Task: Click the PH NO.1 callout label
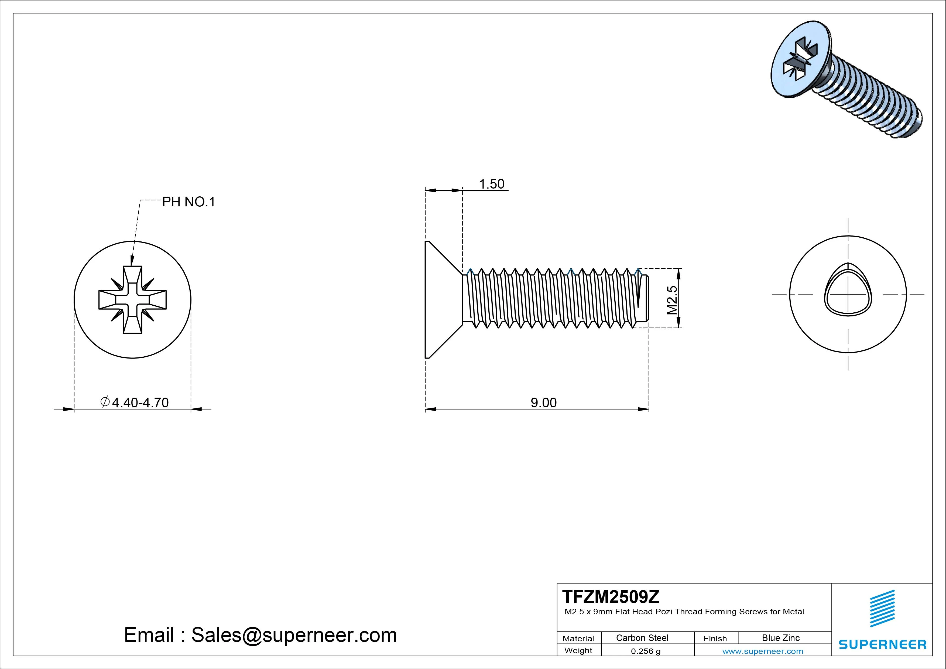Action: click(x=188, y=202)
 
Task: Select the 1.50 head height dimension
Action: click(x=492, y=184)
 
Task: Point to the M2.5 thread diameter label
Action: click(x=672, y=300)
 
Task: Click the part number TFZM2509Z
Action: click(x=611, y=596)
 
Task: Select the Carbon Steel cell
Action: click(x=642, y=638)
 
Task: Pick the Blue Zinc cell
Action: click(x=780, y=638)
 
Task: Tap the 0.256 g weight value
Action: click(x=645, y=651)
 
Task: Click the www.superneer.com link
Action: click(x=763, y=651)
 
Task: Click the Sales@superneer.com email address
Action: click(x=294, y=635)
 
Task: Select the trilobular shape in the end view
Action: click(x=848, y=290)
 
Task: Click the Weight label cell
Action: click(x=578, y=650)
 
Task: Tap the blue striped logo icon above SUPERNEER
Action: click(x=882, y=608)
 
